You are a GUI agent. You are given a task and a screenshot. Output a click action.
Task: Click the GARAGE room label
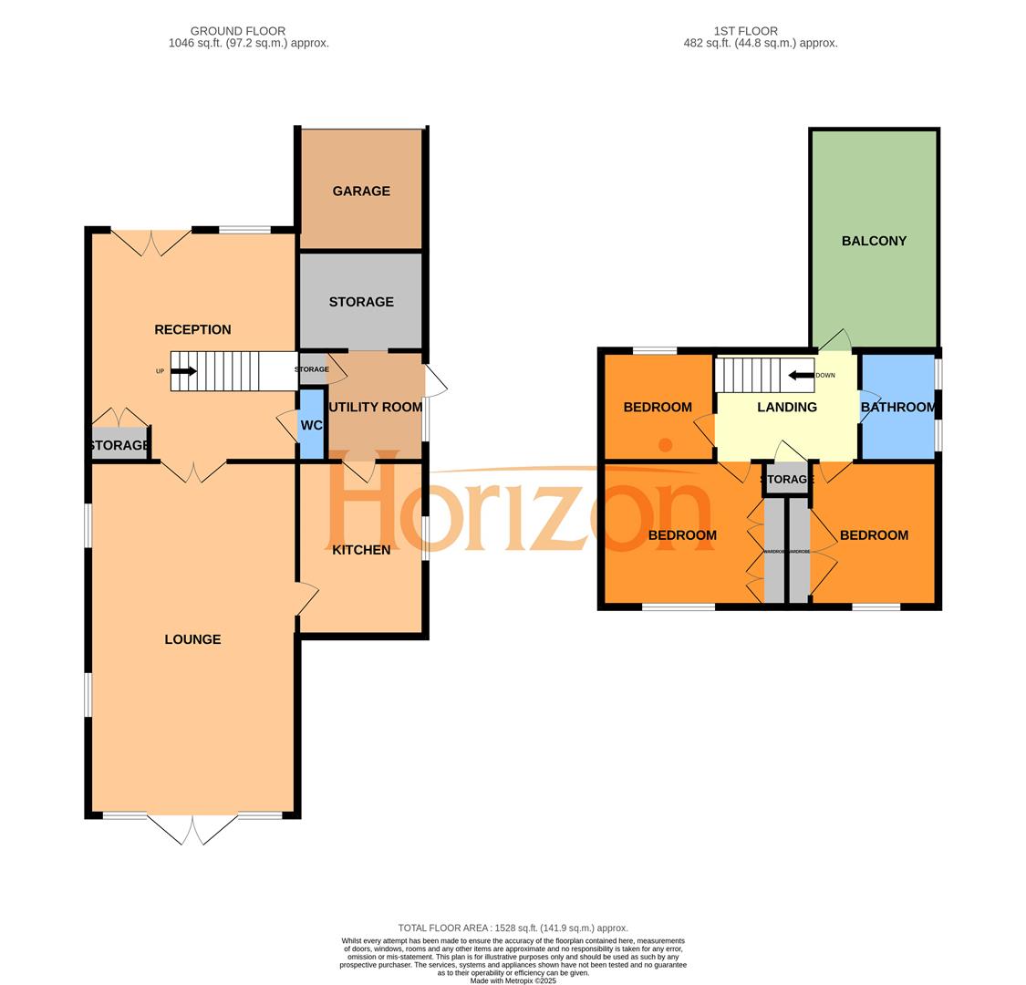[361, 192]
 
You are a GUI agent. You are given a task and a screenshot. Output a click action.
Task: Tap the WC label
[311, 425]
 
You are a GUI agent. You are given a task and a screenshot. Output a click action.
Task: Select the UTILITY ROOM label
[376, 407]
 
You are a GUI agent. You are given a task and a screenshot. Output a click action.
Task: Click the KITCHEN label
[361, 550]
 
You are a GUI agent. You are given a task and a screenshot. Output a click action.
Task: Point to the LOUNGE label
[192, 639]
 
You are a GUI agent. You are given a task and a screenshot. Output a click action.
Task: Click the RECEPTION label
[192, 329]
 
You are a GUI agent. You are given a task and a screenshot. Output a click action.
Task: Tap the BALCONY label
[874, 241]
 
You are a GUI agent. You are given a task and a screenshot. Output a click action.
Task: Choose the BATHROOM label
[898, 407]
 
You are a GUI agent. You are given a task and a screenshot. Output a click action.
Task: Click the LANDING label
[787, 407]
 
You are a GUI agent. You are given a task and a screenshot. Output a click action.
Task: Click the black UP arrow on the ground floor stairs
[183, 371]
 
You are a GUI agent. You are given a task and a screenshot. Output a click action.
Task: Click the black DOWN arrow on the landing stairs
[802, 375]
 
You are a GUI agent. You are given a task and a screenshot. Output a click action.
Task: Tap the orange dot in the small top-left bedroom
[665, 445]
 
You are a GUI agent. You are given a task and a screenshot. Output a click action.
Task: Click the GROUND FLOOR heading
[237, 31]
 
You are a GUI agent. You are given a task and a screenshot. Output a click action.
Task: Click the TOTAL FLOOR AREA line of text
[513, 928]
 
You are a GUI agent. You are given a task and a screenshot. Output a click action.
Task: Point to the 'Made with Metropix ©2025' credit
[513, 980]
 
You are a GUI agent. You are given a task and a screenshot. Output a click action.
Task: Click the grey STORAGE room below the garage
[361, 302]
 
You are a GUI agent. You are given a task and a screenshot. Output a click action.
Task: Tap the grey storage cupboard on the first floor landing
[786, 479]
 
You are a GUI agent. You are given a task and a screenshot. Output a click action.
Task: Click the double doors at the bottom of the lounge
[192, 828]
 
